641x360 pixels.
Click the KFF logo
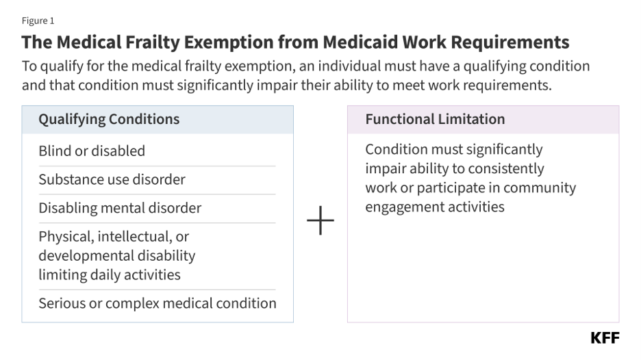coord(605,338)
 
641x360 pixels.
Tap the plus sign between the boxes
coord(320,220)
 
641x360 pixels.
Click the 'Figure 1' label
coord(38,21)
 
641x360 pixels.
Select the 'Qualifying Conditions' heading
coord(109,119)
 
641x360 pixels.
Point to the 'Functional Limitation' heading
coord(435,119)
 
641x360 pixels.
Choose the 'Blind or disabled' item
coord(92,151)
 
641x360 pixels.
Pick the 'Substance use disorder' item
coord(112,179)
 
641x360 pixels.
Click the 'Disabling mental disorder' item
coord(121,208)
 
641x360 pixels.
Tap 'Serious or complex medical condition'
coord(158,303)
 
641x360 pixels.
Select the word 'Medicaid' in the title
coord(360,42)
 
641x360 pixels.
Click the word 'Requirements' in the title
coord(510,42)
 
